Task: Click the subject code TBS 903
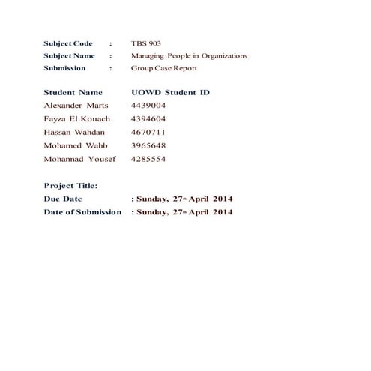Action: tap(145, 43)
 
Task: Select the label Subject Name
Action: tap(69, 55)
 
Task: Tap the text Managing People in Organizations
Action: tap(189, 55)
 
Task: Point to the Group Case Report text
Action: tap(164, 68)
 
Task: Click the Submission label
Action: tap(64, 68)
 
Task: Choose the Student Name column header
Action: tap(73, 92)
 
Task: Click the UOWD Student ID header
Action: tap(170, 92)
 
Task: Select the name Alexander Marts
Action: tap(76, 106)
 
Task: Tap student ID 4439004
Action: tap(148, 106)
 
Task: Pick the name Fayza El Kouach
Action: tap(77, 119)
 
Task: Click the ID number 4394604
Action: tap(148, 119)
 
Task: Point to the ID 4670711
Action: tap(148, 133)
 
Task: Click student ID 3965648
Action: tap(148, 146)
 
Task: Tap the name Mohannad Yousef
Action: tap(79, 160)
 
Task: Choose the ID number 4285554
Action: tap(148, 160)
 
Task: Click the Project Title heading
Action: tap(70, 185)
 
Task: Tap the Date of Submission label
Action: tap(82, 212)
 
